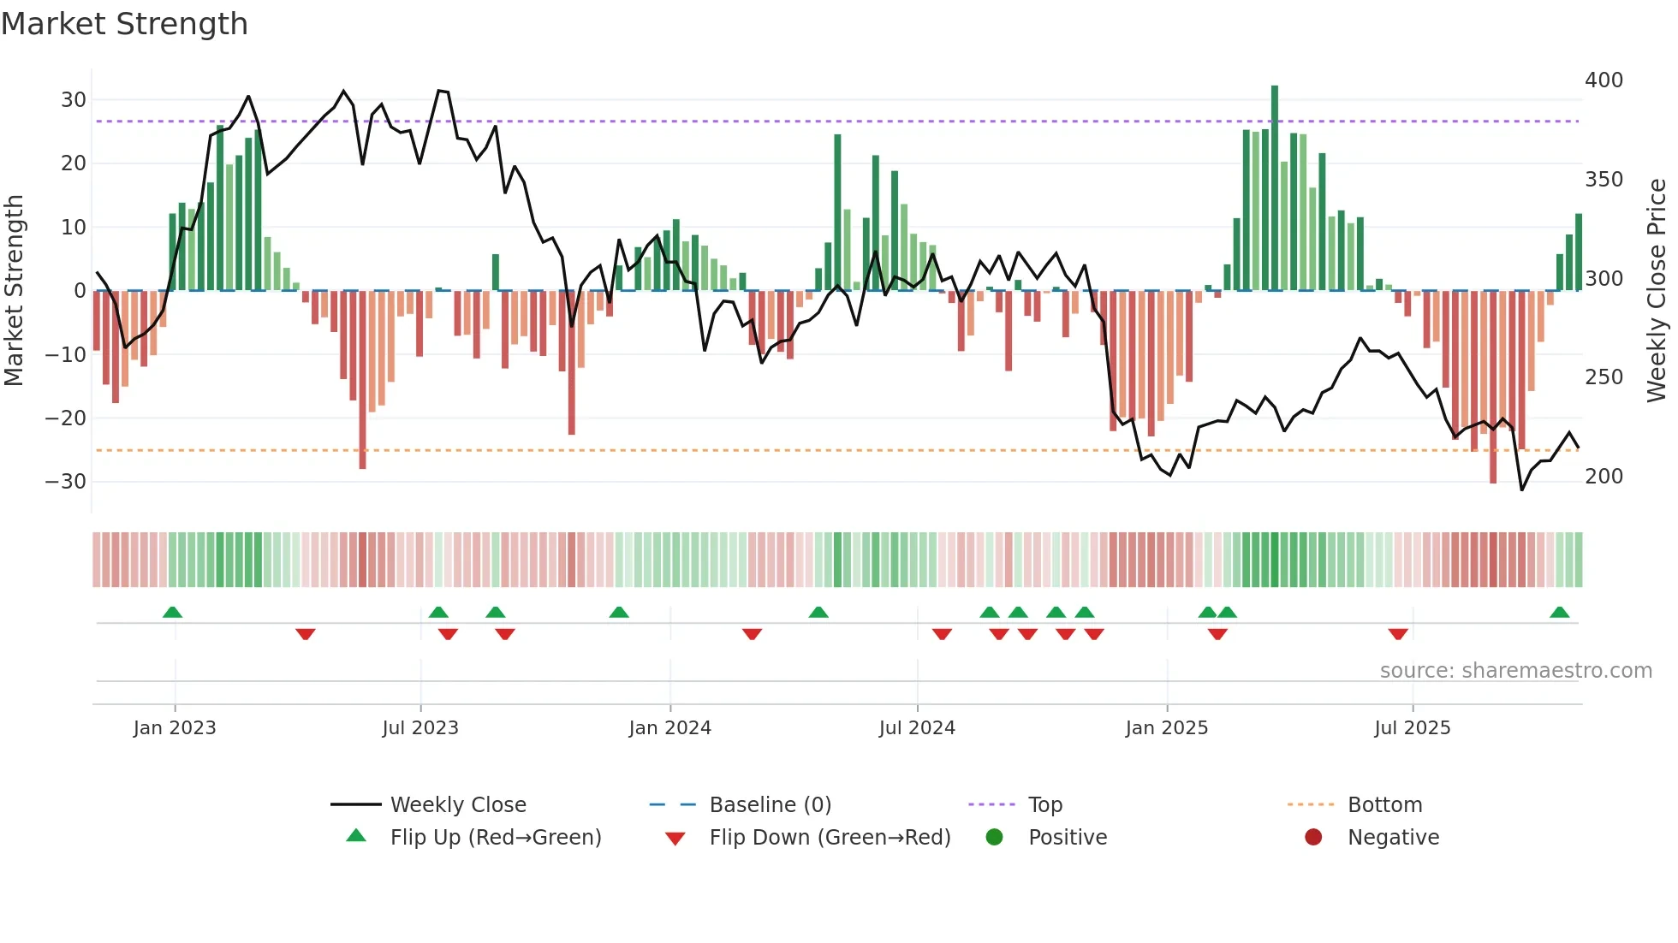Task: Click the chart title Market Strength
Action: point(124,24)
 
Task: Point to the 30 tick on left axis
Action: point(74,100)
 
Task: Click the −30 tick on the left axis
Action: point(66,482)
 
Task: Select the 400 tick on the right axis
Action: point(1604,80)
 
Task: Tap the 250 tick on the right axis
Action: point(1604,377)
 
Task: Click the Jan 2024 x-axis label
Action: point(669,728)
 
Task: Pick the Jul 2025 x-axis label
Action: point(1412,728)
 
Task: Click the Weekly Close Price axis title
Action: point(1657,291)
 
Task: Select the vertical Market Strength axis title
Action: point(15,291)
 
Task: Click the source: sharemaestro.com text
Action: point(1515,671)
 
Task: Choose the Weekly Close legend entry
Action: point(458,805)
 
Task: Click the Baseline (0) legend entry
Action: point(770,805)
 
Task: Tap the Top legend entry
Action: point(1044,805)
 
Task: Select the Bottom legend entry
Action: point(1384,805)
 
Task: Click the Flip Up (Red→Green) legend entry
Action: point(495,838)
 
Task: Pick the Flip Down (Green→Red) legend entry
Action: point(829,838)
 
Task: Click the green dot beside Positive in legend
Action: point(994,838)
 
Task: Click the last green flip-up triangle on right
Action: point(1559,613)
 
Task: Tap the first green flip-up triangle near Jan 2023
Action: point(172,613)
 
